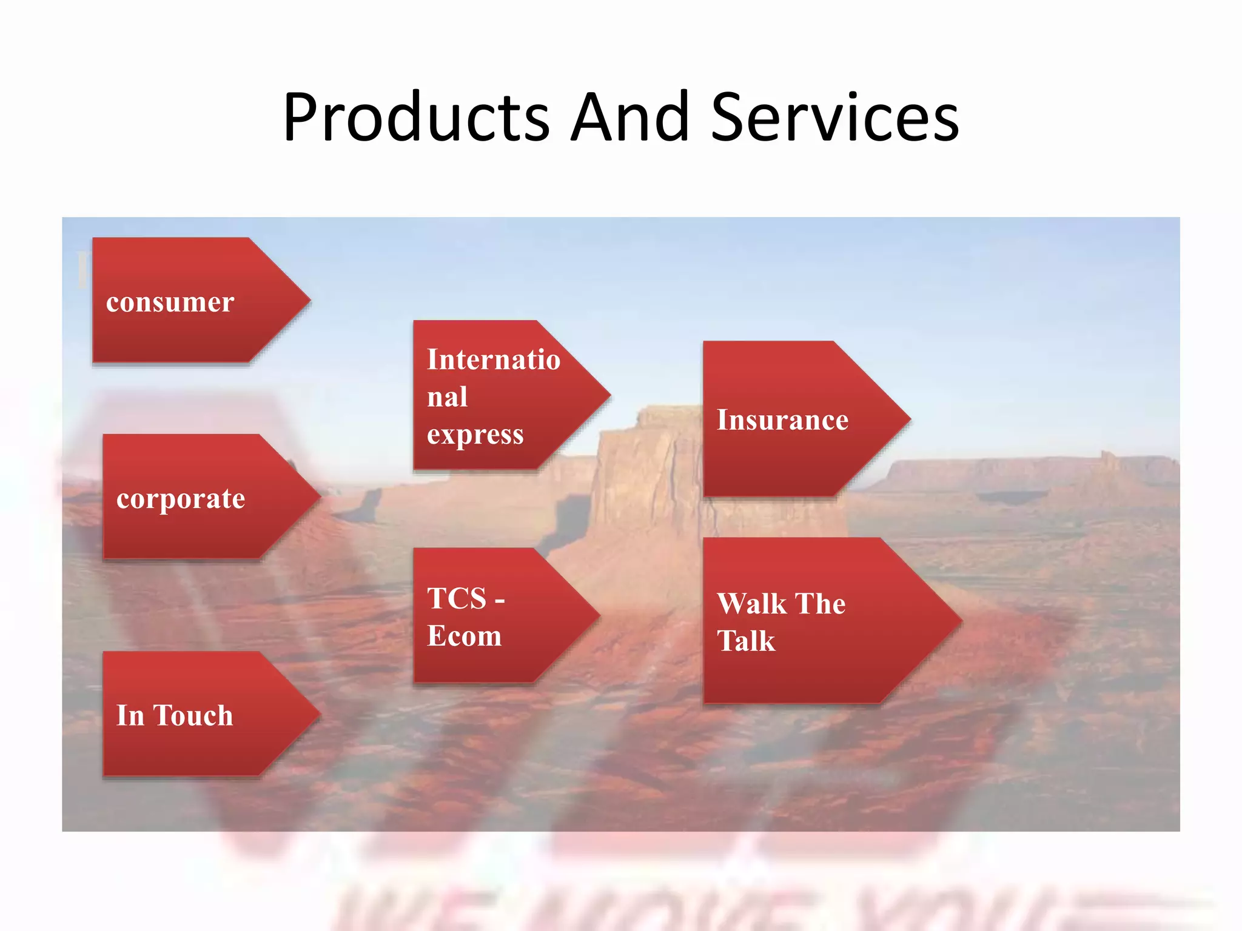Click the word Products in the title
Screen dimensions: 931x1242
coord(416,118)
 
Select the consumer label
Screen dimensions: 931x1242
coord(170,302)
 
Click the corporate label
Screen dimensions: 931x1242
coord(181,499)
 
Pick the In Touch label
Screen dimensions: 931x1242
coord(175,715)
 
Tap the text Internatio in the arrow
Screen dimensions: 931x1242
coord(493,359)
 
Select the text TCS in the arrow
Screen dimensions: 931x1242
coord(457,599)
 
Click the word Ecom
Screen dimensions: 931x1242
coord(464,636)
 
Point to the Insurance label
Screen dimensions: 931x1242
coord(782,420)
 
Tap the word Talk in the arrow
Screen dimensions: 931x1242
coord(746,641)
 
